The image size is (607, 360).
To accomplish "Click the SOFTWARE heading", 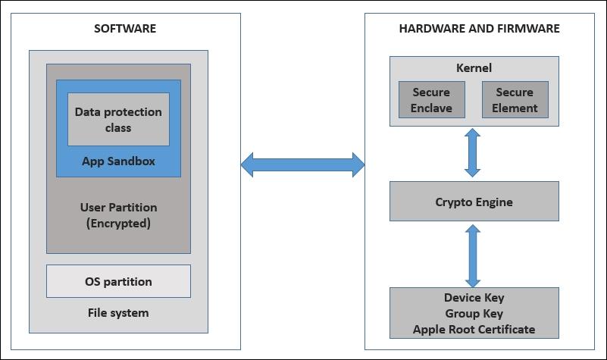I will click(x=125, y=29).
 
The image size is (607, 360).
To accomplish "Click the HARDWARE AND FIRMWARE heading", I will click(x=479, y=29).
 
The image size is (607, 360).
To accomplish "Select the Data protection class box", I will click(x=118, y=120).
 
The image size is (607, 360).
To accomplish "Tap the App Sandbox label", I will click(x=118, y=161).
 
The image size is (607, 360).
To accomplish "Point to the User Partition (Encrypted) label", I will click(x=118, y=215).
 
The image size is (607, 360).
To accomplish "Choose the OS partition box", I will click(x=118, y=281).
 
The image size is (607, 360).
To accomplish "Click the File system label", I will click(x=118, y=312).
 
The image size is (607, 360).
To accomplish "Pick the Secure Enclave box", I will click(x=431, y=100).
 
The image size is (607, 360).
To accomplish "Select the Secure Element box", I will click(x=515, y=100).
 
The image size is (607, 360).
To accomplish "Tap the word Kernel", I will click(x=474, y=68).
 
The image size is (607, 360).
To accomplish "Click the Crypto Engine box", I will click(x=474, y=202).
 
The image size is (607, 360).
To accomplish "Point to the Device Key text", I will click(x=474, y=298).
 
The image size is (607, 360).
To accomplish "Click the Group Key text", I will click(x=474, y=314).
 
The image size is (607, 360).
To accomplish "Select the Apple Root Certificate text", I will click(x=474, y=330).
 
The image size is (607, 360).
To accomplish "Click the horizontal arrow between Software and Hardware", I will click(x=302, y=164).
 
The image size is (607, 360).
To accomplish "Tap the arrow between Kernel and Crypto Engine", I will click(x=474, y=153).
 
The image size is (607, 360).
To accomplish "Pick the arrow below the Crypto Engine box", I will click(x=474, y=253).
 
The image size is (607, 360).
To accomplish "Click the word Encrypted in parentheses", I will click(x=118, y=224).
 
